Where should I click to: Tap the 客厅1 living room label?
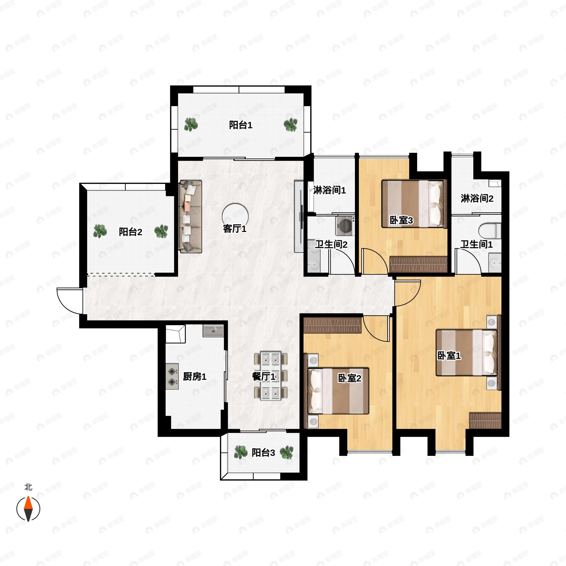(235, 229)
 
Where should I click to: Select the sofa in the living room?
(190, 216)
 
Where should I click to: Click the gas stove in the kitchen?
(172, 376)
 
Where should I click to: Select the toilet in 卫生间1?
(490, 231)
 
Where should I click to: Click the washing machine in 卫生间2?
(345, 226)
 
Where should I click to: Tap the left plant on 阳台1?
(191, 125)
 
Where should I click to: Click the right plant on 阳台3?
(287, 453)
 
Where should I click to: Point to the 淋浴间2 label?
(477, 199)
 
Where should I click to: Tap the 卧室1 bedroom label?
(449, 356)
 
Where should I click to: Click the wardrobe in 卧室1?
(485, 421)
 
